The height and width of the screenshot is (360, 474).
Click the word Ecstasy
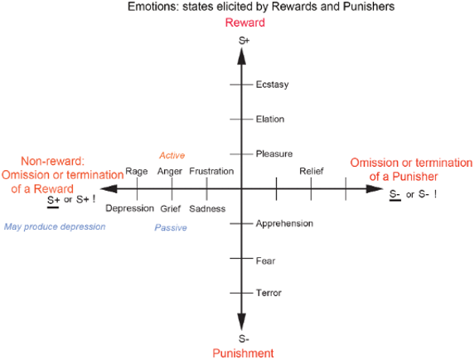pos(272,85)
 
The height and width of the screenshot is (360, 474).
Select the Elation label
pos(270,119)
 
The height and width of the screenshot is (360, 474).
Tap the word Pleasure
pos(274,153)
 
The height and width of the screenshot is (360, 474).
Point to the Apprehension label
pos(284,224)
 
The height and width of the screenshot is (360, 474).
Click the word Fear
pos(265,260)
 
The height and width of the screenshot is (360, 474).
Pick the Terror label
pos(268,293)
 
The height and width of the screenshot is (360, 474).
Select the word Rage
pos(137,172)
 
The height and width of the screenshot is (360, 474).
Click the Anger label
pos(170,172)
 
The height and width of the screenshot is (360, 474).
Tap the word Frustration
pos(211,171)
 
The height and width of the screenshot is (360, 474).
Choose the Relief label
pos(312,171)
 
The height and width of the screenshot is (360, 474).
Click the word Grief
pos(170,209)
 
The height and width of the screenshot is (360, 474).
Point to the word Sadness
pos(207,209)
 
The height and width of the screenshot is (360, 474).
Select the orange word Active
pos(172,155)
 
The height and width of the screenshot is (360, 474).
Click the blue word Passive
pos(171,227)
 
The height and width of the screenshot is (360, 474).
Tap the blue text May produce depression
pos(55,227)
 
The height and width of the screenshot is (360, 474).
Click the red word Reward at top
pos(245,22)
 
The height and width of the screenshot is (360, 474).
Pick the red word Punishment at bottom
pos(243,353)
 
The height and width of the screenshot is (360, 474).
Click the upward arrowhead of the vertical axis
pos(241,56)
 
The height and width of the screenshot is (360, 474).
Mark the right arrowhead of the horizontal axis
pos(375,189)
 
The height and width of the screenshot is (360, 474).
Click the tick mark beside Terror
pos(241,293)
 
